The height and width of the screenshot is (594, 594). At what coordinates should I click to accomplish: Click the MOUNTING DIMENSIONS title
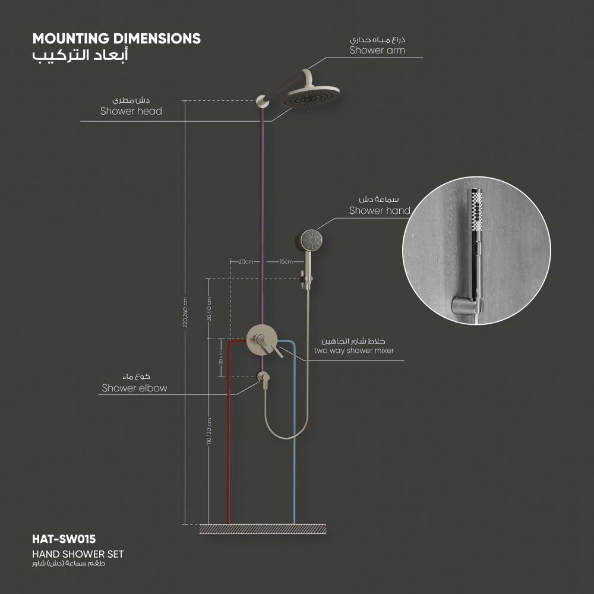pyautogui.click(x=116, y=39)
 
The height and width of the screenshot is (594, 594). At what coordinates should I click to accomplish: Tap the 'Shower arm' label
pyautogui.click(x=377, y=50)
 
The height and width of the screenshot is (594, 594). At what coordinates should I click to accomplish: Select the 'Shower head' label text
pyautogui.click(x=131, y=111)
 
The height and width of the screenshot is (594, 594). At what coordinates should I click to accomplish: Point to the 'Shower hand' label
pyautogui.click(x=380, y=210)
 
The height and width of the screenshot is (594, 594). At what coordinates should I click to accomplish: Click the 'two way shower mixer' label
pyautogui.click(x=353, y=351)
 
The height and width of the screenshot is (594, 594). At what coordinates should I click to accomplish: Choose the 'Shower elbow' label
pyautogui.click(x=134, y=388)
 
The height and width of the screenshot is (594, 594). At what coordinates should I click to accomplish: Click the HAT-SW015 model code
pyautogui.click(x=64, y=540)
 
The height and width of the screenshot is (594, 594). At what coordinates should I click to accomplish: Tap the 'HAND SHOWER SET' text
pyautogui.click(x=78, y=554)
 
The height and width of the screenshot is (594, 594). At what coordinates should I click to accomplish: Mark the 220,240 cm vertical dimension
pyautogui.click(x=185, y=312)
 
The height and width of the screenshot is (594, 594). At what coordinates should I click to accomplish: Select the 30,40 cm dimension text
pyautogui.click(x=209, y=309)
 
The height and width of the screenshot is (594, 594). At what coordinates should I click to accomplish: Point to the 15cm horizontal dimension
pyautogui.click(x=286, y=261)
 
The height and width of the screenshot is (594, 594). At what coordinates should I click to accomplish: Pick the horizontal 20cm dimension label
pyautogui.click(x=245, y=261)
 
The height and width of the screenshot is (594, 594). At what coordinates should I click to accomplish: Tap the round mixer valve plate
pyautogui.click(x=259, y=340)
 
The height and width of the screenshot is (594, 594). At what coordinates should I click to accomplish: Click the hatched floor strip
pyautogui.click(x=263, y=529)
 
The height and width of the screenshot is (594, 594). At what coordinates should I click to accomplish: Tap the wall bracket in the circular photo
pyautogui.click(x=467, y=306)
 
